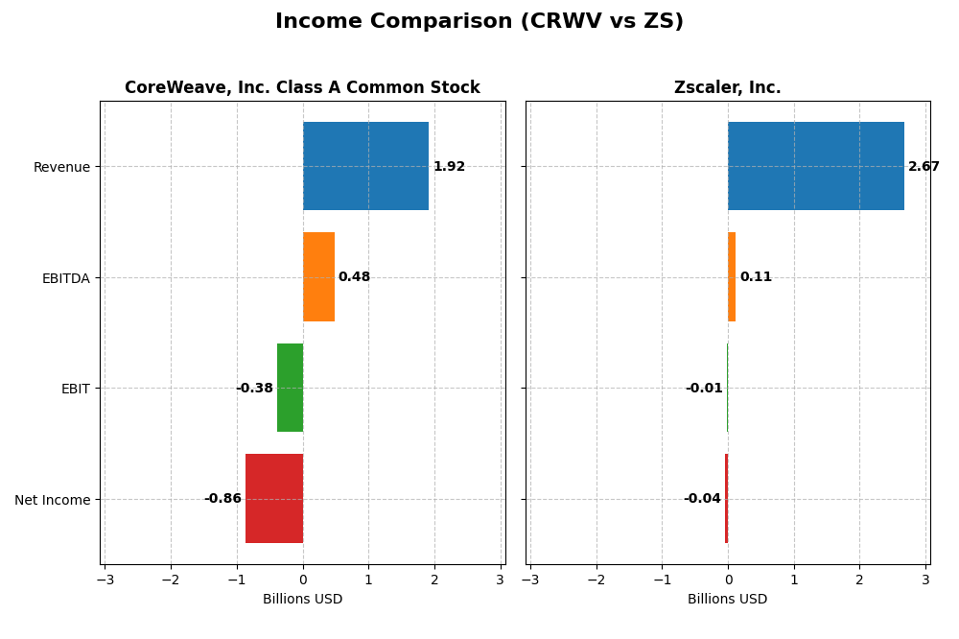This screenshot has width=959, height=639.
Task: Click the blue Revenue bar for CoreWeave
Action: tap(365, 166)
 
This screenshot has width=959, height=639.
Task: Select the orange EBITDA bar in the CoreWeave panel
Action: tap(318, 276)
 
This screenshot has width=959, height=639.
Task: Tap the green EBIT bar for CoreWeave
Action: tap(290, 388)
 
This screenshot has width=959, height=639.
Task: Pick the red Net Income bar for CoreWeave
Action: tap(274, 498)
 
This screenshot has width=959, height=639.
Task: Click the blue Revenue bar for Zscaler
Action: tap(815, 166)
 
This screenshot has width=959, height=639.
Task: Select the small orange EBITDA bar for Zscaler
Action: tap(732, 276)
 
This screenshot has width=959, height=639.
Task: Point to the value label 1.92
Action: tap(449, 167)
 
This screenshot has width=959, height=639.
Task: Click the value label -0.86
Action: tap(222, 499)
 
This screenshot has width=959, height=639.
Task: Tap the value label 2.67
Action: tap(924, 167)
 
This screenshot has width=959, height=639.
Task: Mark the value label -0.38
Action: tap(254, 389)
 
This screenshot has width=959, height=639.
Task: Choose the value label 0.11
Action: tap(756, 277)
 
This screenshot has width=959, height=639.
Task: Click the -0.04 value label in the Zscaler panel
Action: tap(702, 499)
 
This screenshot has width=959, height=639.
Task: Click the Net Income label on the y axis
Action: tap(53, 500)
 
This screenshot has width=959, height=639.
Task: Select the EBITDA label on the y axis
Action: tap(66, 278)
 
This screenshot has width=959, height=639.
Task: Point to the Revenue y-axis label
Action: tap(61, 168)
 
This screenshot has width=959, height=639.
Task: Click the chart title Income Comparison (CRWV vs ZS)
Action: tap(479, 21)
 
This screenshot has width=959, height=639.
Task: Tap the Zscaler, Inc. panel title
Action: tap(727, 88)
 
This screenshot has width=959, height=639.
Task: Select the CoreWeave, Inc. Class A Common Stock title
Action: tap(302, 88)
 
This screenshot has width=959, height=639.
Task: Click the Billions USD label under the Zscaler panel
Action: tap(727, 600)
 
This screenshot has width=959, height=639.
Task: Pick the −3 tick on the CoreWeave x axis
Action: tap(105, 580)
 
